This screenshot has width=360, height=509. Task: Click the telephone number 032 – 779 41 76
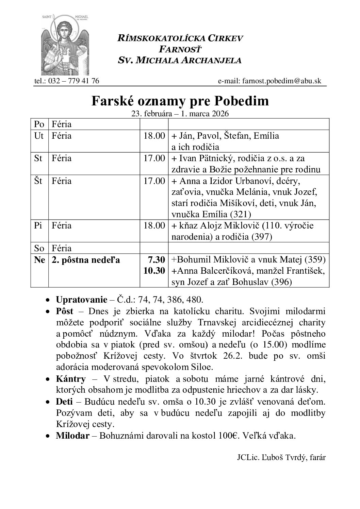(73, 81)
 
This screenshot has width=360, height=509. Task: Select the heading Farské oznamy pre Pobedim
(180, 101)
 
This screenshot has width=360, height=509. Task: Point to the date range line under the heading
(180, 114)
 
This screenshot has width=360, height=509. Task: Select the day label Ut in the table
(39, 136)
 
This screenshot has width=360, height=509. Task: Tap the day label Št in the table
(38, 181)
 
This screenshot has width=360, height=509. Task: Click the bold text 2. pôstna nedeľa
(86, 260)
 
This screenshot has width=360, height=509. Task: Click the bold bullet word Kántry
(71, 379)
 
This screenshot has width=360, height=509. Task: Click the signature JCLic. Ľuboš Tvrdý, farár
(281, 457)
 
